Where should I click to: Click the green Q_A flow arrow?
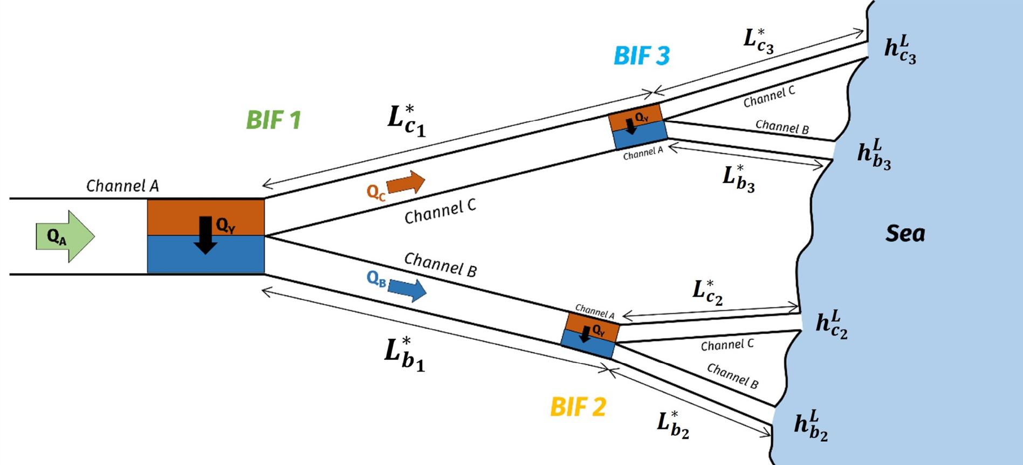pyautogui.click(x=65, y=236)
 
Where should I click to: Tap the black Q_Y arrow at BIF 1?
pyautogui.click(x=205, y=235)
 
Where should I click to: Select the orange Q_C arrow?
pyautogui.click(x=406, y=182)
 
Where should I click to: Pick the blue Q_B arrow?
pyautogui.click(x=407, y=289)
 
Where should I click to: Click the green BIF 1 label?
pyautogui.click(x=273, y=120)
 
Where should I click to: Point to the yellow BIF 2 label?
pyautogui.click(x=578, y=407)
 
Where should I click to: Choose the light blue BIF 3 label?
pyautogui.click(x=642, y=56)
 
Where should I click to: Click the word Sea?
pyautogui.click(x=905, y=234)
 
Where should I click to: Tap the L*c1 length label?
pyautogui.click(x=407, y=121)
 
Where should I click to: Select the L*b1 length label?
pyautogui.click(x=404, y=354)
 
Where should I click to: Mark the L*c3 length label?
pyautogui.click(x=759, y=40)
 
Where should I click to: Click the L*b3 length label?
pyautogui.click(x=738, y=179)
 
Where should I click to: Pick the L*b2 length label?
pyautogui.click(x=673, y=425)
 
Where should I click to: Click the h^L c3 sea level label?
pyautogui.click(x=900, y=49)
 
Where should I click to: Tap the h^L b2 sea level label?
pyautogui.click(x=811, y=426)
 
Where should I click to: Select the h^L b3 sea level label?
pyautogui.click(x=874, y=154)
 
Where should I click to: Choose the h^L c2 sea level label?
pyautogui.click(x=832, y=324)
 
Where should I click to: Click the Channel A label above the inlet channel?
pyautogui.click(x=122, y=186)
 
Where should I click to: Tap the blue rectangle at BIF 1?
pyautogui.click(x=206, y=255)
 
